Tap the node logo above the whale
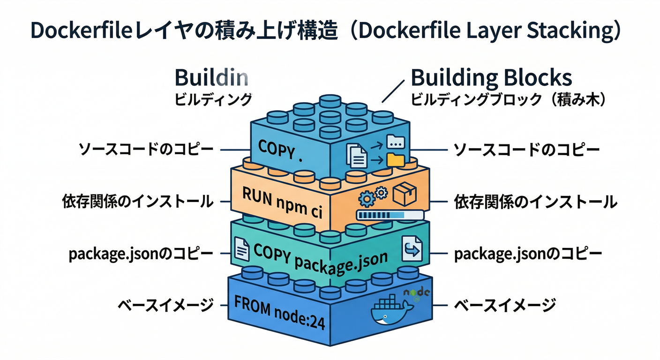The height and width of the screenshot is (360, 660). pyautogui.click(x=417, y=293)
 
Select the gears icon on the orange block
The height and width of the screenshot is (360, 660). pyautogui.click(x=373, y=196)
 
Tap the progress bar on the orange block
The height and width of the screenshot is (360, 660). pyautogui.click(x=390, y=215)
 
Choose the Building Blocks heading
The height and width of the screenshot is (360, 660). pyautogui.click(x=491, y=78)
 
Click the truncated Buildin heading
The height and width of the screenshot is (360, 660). pyautogui.click(x=211, y=78)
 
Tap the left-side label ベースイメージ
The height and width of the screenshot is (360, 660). pyautogui.click(x=165, y=306)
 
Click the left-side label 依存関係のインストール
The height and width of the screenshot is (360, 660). pyautogui.click(x=138, y=202)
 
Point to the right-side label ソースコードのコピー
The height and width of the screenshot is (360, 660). pyautogui.click(x=527, y=150)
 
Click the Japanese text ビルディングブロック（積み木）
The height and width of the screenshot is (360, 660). pyautogui.click(x=506, y=100)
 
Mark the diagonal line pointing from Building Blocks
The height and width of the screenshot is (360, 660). pyautogui.click(x=393, y=91)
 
